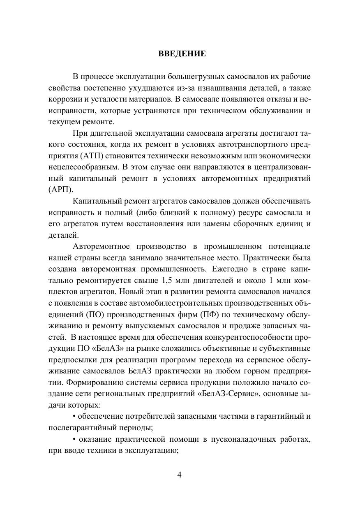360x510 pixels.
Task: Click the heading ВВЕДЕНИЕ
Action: [x=182, y=54]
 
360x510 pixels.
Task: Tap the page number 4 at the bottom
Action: [x=179, y=475]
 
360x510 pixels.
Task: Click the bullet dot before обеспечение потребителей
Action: [x=74, y=416]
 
